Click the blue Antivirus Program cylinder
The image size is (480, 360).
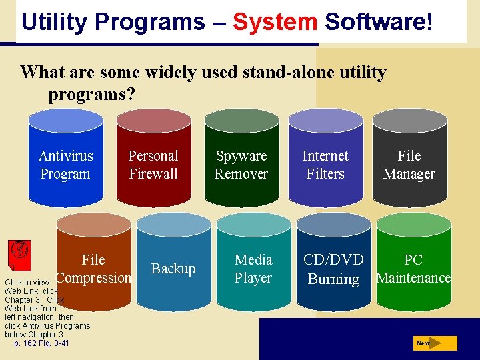point(65,160)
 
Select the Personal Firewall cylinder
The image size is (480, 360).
point(153,160)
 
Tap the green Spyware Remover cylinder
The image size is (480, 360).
point(241,160)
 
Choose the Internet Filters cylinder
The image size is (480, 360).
point(325,160)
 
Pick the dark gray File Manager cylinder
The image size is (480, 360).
point(409,160)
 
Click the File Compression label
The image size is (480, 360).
point(93,269)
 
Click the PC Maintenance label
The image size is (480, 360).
point(413,269)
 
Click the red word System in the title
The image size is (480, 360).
point(275,22)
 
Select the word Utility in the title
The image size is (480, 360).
point(55,22)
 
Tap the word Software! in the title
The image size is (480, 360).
point(379,22)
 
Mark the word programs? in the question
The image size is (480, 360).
point(91,94)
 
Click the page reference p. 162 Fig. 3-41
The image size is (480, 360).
point(41,343)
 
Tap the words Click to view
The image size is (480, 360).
point(27,283)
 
